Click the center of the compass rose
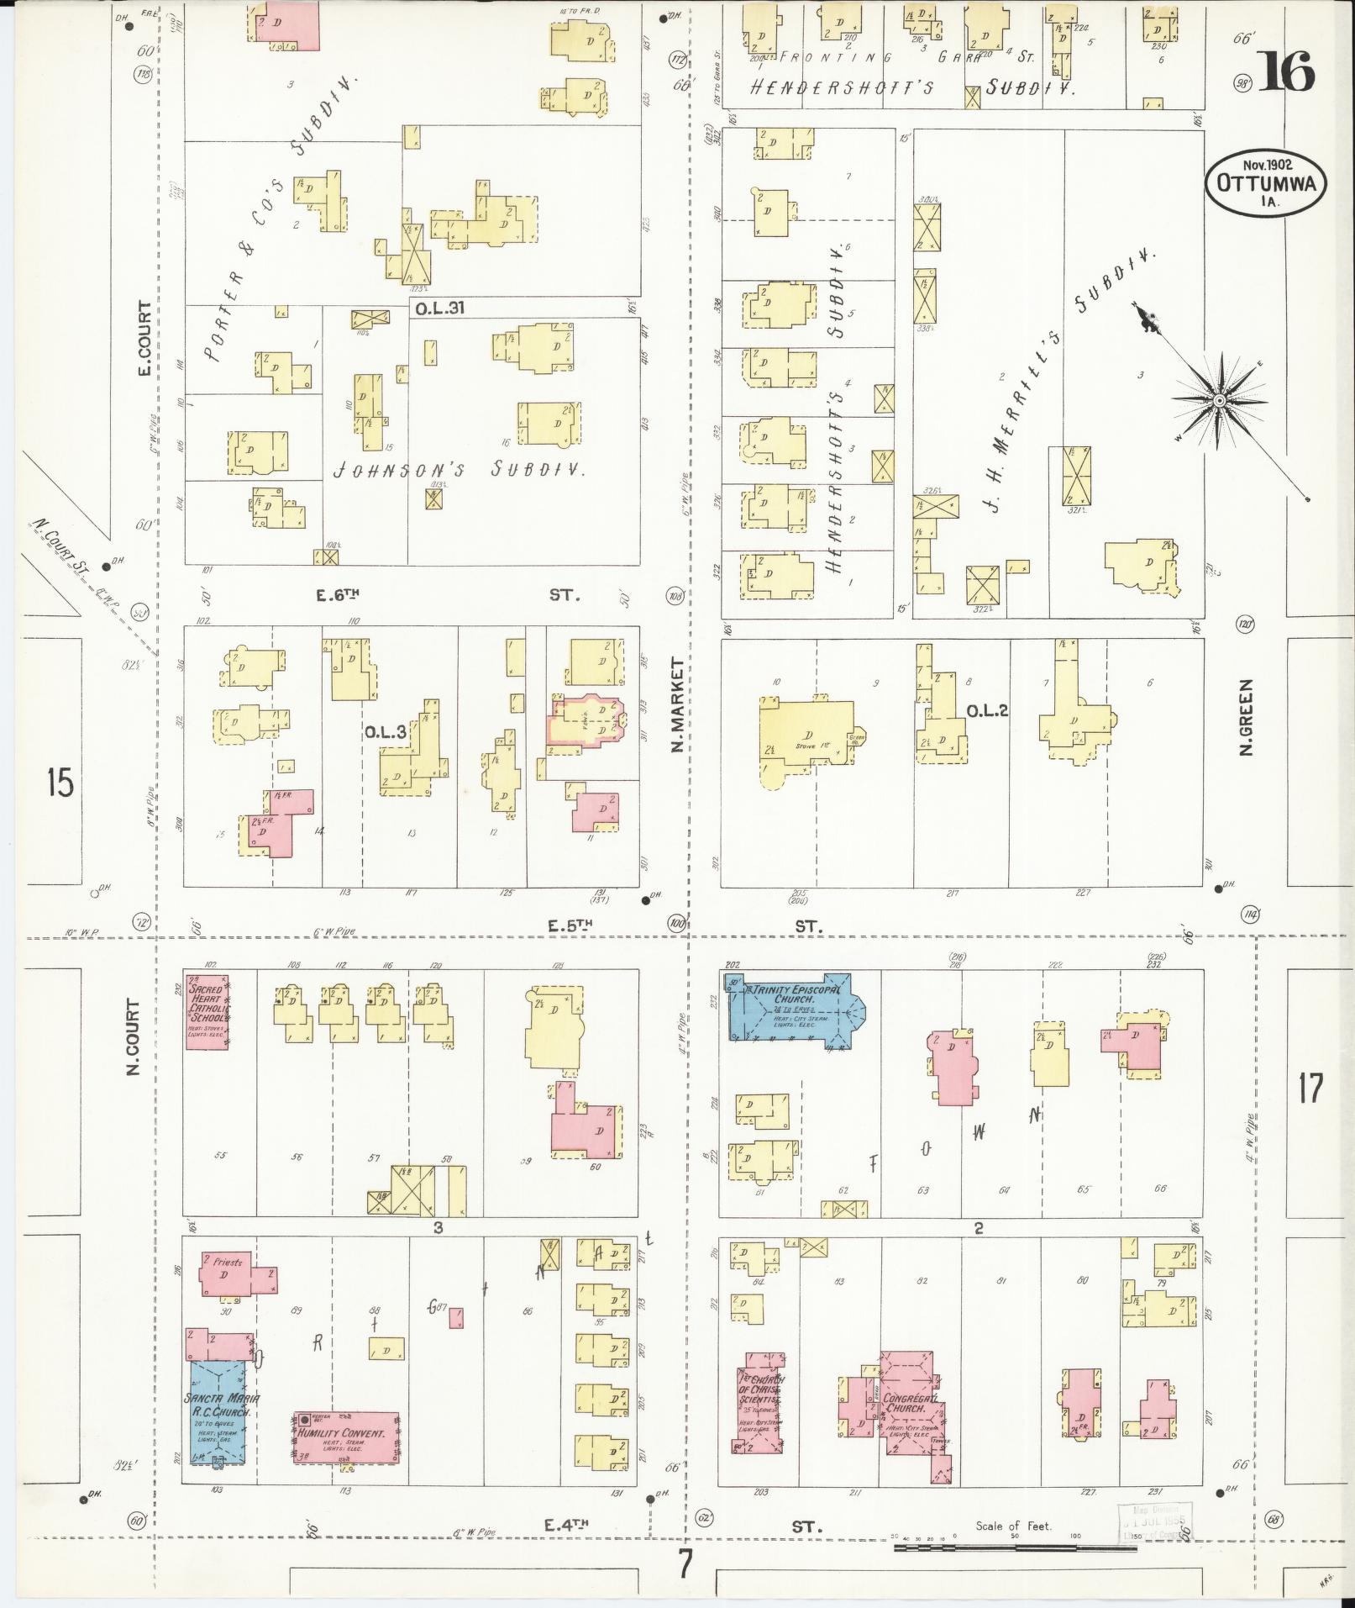tap(1217, 401)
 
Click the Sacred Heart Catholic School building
tap(207, 1012)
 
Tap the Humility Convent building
tap(346, 1437)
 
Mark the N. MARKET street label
tap(676, 704)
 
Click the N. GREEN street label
tap(1247, 717)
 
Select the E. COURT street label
tap(144, 339)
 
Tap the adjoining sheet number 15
tap(60, 783)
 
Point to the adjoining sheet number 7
tap(685, 1563)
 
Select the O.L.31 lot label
tap(439, 308)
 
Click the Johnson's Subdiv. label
tap(460, 470)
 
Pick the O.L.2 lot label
tap(986, 711)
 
